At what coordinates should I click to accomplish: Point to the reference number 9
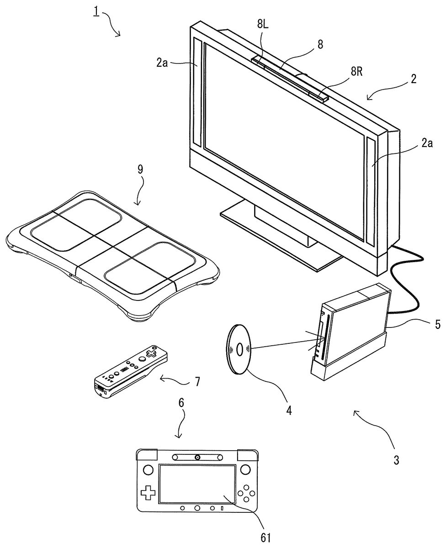click(140, 169)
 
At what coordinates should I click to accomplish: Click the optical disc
click(239, 349)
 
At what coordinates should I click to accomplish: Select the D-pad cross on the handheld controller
click(148, 493)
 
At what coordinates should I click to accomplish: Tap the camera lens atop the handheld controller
click(197, 457)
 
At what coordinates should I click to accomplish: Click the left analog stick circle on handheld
click(148, 469)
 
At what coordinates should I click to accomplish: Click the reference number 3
click(396, 460)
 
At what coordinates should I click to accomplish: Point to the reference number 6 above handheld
click(181, 402)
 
